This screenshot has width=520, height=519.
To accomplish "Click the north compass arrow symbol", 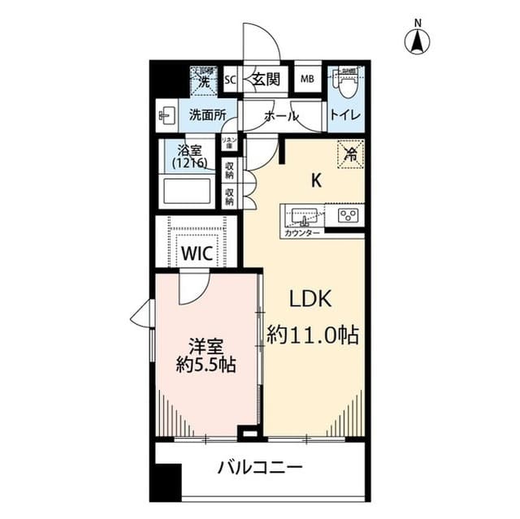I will (x=418, y=41).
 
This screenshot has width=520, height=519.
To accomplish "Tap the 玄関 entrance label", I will (x=265, y=80).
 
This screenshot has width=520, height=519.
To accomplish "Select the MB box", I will (x=308, y=80).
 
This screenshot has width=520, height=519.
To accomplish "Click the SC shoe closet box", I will (x=229, y=80).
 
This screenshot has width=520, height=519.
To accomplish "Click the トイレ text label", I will (x=345, y=116).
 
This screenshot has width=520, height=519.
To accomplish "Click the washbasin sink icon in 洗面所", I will (x=167, y=115).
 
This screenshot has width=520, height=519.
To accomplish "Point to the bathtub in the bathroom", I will (x=188, y=192).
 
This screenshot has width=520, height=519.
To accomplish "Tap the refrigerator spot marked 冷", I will (x=350, y=151).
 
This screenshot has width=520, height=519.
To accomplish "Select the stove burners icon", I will (x=349, y=216).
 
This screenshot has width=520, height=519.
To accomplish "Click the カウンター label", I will (x=301, y=233).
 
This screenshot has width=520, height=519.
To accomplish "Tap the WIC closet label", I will (x=197, y=253).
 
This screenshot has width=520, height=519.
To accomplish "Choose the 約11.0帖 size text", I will (x=314, y=334).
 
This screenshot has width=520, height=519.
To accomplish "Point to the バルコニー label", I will (x=260, y=468).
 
